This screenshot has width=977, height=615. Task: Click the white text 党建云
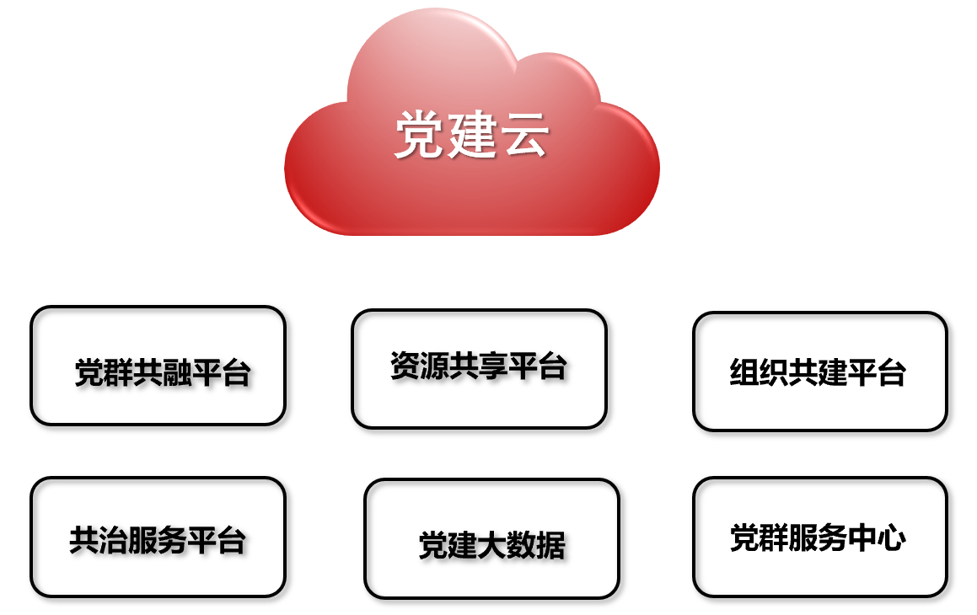[472, 135]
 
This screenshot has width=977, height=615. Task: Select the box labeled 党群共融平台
[158, 366]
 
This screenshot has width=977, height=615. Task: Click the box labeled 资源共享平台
[479, 369]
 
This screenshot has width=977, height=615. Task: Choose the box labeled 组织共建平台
[820, 372]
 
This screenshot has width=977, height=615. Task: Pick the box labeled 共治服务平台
[158, 537]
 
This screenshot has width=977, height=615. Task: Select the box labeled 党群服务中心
[820, 537]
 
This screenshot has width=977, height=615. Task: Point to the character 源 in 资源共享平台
[435, 366]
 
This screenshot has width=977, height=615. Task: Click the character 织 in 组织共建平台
[774, 372]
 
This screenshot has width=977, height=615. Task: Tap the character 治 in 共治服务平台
[113, 540]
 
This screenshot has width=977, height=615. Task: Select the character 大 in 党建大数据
[491, 545]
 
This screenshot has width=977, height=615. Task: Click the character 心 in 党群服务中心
[891, 537]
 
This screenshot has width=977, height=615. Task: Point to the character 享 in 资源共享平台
[493, 366]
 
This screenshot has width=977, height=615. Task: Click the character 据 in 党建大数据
[550, 545]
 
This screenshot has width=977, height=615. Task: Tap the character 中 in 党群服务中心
[862, 537]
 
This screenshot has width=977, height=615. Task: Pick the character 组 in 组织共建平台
[744, 372]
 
